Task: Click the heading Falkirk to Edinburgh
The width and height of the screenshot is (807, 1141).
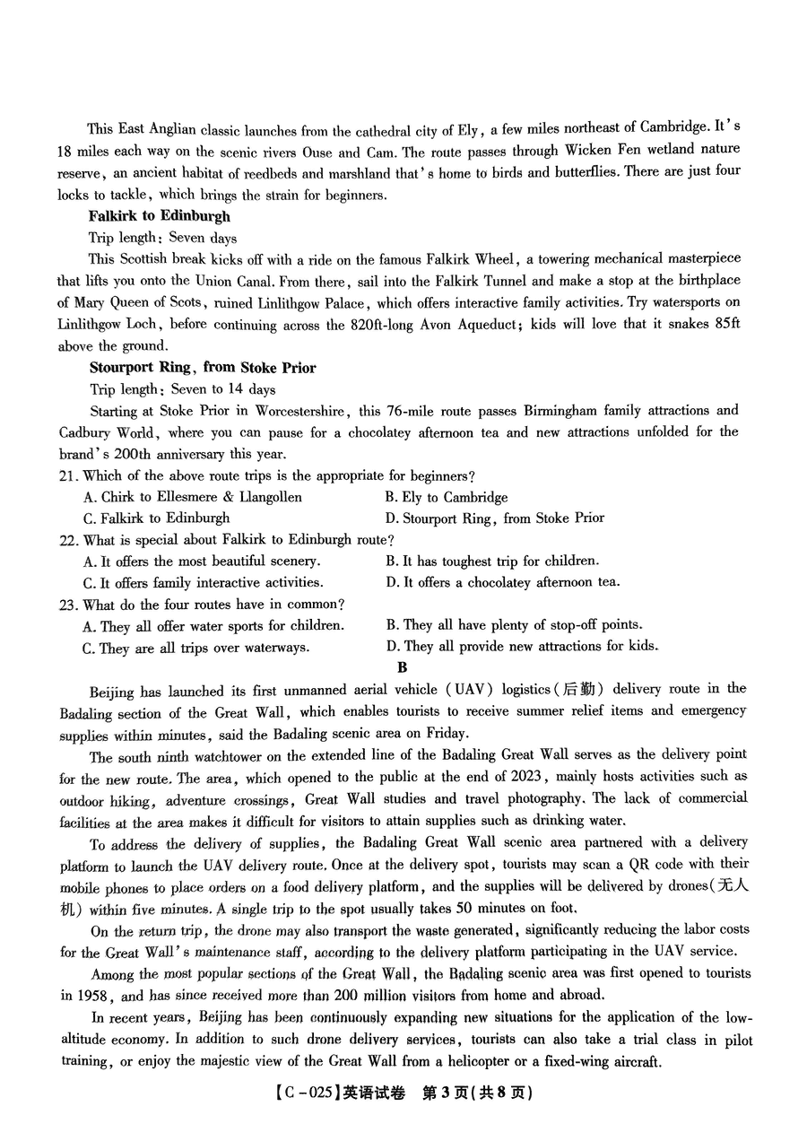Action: click(x=160, y=216)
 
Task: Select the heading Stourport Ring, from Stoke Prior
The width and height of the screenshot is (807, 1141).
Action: click(x=203, y=367)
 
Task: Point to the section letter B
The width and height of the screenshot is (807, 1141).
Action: click(x=402, y=667)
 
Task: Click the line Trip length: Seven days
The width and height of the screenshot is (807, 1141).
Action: click(x=162, y=238)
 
